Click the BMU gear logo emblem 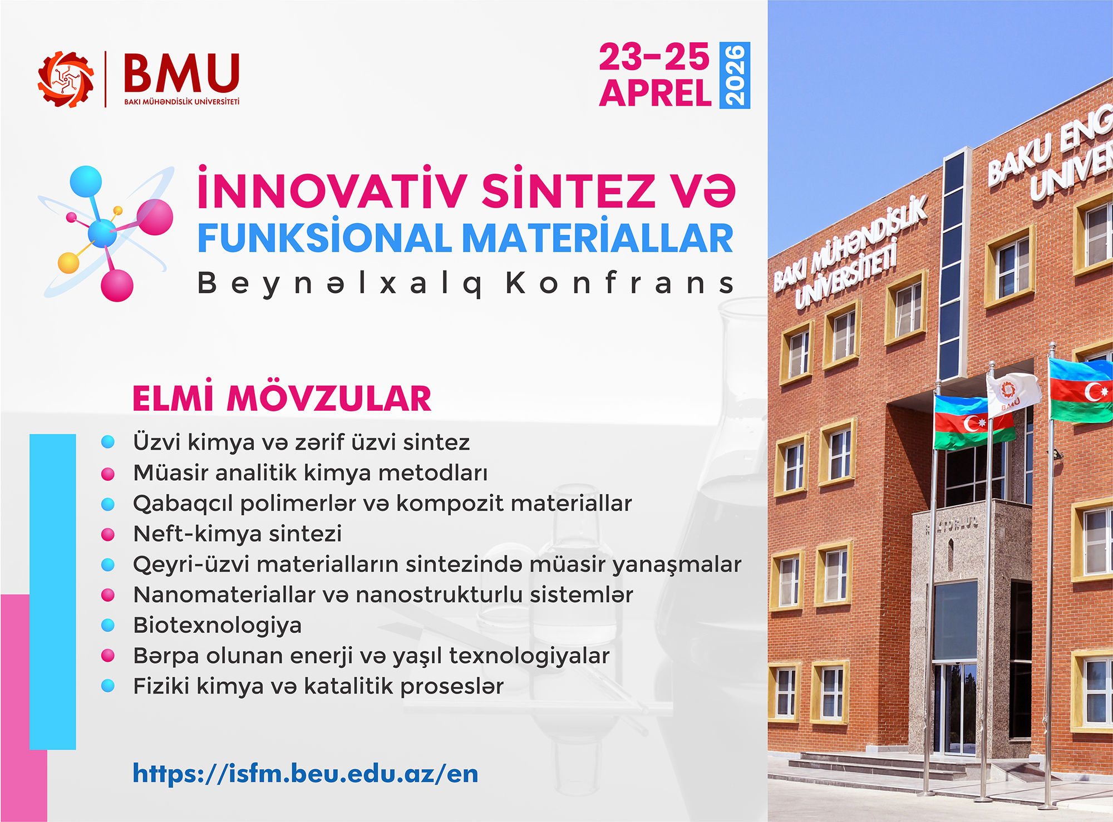coord(66,79)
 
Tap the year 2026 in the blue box coord(735,75)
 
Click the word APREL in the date coord(656,93)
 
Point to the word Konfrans coord(620,283)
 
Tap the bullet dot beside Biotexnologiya coord(108,626)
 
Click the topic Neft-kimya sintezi coord(238,534)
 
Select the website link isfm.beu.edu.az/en coord(305,773)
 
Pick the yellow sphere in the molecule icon coord(68,263)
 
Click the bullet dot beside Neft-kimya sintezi coord(108,534)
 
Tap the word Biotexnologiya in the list coord(218,626)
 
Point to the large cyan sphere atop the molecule coord(86,181)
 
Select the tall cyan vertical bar coord(52,592)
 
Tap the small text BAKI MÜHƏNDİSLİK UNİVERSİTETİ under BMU coord(182,102)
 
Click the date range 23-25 coord(654,57)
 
